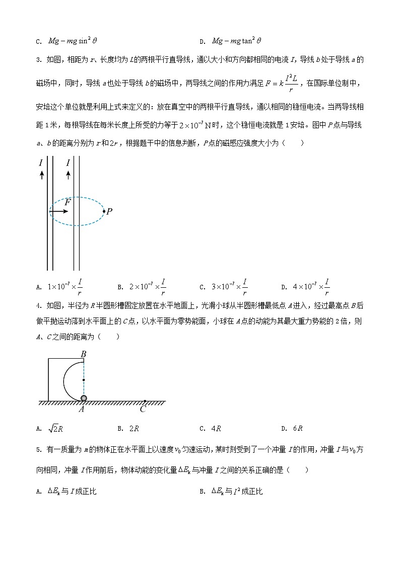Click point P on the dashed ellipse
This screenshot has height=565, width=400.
click(x=104, y=211)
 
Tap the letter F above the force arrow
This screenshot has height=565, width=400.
click(x=68, y=202)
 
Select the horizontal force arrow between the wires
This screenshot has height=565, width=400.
click(x=59, y=211)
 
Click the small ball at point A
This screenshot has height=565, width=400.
click(x=84, y=398)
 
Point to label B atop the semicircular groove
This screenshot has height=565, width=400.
click(x=84, y=354)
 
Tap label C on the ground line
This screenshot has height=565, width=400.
click(x=143, y=409)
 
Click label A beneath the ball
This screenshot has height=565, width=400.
click(x=81, y=409)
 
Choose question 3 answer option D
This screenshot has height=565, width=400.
click(x=305, y=287)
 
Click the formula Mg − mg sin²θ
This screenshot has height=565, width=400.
click(x=72, y=41)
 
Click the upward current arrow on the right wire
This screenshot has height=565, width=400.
click(x=68, y=175)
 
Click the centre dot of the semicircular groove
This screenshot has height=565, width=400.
click(x=84, y=379)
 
